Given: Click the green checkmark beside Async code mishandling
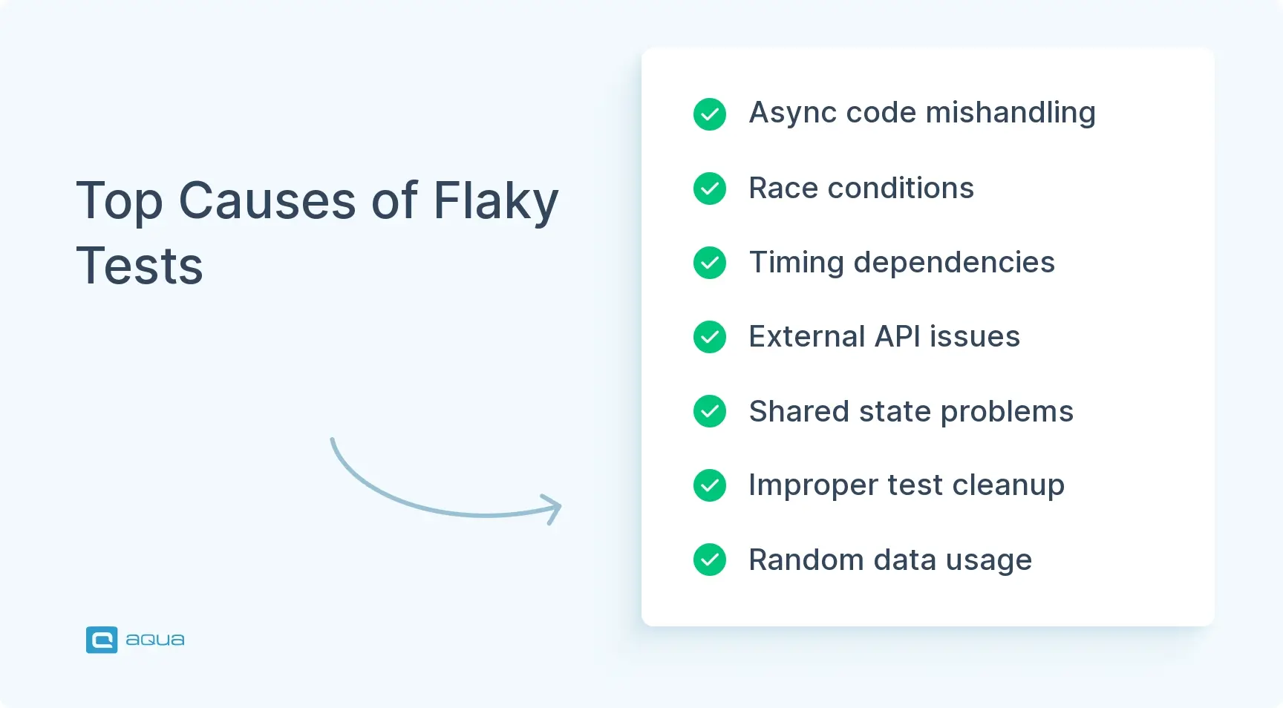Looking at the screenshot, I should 710,114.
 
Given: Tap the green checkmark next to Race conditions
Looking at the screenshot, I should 710,189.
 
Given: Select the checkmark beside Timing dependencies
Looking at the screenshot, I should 710,263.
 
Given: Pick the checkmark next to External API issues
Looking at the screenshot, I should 710,337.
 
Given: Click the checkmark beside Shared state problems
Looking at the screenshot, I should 710,411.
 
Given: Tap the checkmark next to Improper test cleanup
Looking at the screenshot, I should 710,485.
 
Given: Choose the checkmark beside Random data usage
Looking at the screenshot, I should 710,560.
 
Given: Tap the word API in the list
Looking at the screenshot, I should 898,337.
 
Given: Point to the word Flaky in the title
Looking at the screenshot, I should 495,201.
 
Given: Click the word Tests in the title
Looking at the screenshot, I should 140,266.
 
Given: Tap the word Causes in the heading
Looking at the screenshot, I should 267,201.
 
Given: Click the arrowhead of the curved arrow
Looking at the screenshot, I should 555,508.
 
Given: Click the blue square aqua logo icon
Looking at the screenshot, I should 102,640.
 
